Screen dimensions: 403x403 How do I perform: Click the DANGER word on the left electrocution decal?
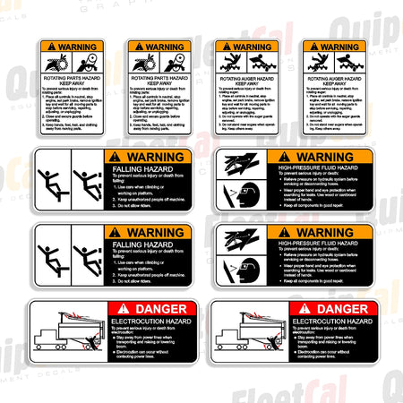pyautogui.click(x=154, y=308)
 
